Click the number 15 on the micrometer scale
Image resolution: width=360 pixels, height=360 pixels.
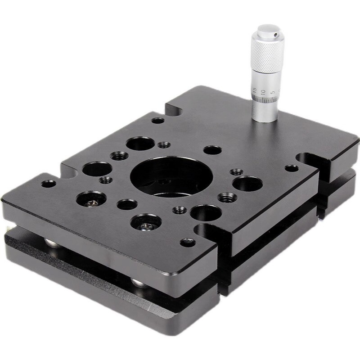point(255,90)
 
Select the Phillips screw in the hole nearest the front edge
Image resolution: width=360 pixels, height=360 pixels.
point(146,224)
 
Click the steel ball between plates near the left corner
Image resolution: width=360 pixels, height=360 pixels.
point(53,243)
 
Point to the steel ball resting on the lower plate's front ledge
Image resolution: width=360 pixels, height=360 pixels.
point(139,283)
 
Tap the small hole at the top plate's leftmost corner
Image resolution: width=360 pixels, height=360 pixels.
point(48,184)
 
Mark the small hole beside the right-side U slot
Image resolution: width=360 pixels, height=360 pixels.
point(291,168)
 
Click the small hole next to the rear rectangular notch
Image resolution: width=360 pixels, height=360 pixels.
point(157,120)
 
